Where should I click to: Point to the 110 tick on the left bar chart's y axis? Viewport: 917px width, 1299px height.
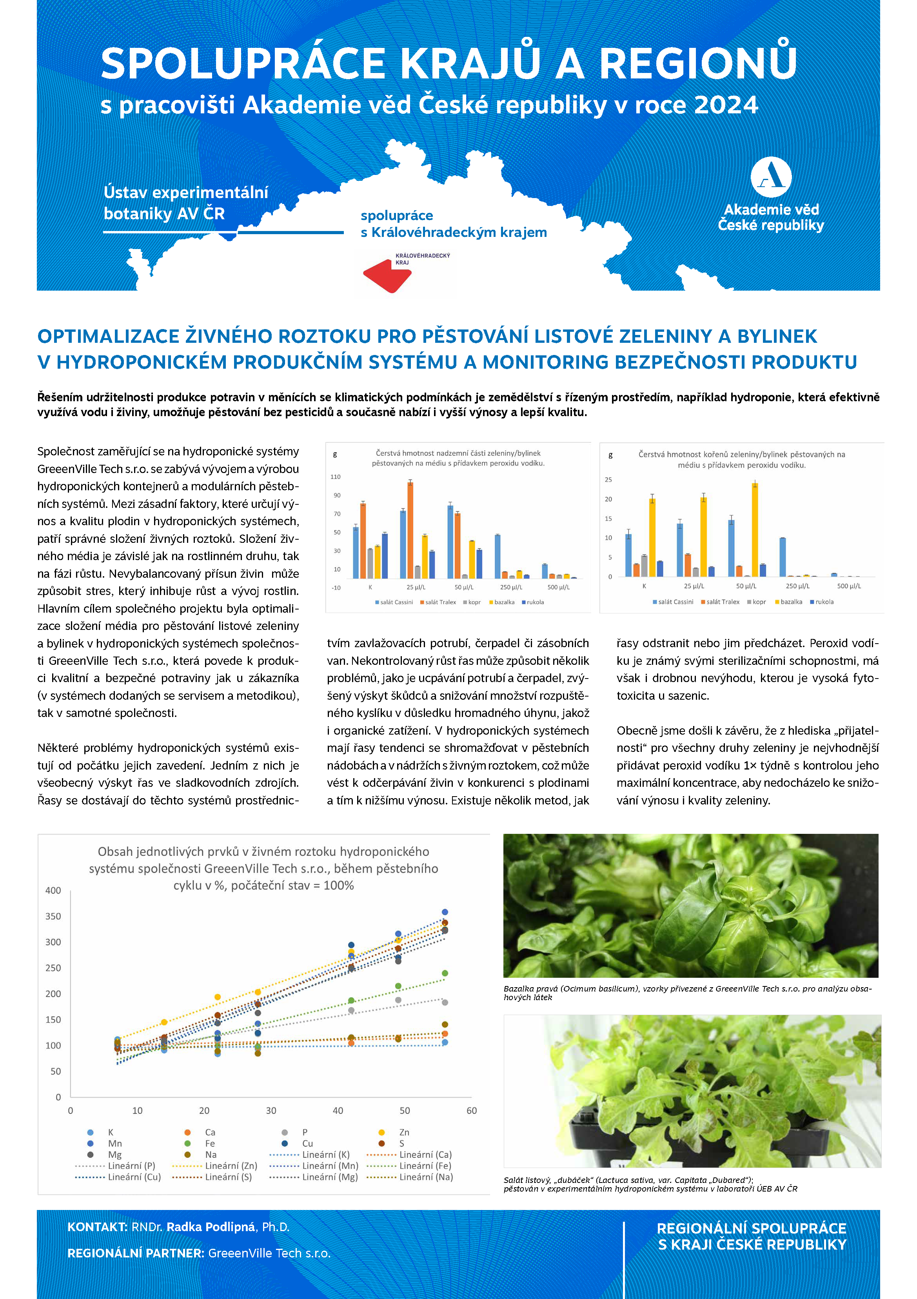click(x=336, y=477)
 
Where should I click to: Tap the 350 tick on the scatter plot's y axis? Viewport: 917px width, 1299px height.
click(x=53, y=916)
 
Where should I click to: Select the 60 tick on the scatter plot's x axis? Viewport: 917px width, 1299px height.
click(x=471, y=1111)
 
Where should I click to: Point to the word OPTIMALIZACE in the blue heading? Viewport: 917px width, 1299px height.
click(x=108, y=336)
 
